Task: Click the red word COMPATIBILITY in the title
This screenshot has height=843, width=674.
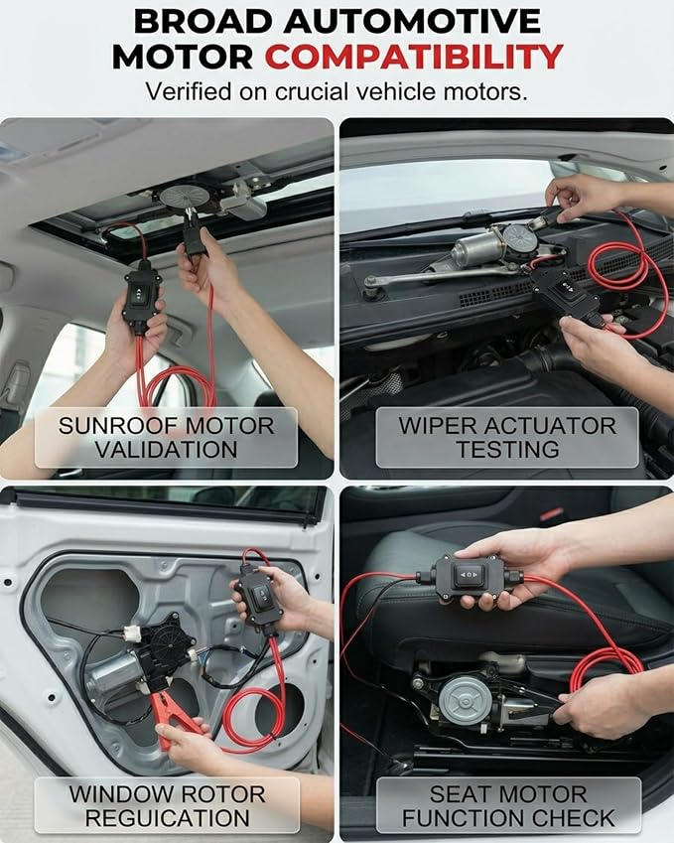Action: pyautogui.click(x=414, y=57)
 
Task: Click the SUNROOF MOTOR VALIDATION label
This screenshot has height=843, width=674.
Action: pyautogui.click(x=166, y=438)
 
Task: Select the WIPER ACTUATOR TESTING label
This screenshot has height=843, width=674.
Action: pyautogui.click(x=507, y=438)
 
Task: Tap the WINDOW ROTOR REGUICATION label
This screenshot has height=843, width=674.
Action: pyautogui.click(x=167, y=805)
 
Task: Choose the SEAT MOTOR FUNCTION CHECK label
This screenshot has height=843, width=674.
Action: pyautogui.click(x=508, y=805)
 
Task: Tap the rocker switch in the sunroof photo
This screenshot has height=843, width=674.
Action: pyautogui.click(x=139, y=294)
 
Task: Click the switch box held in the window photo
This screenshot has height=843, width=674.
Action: pyautogui.click(x=261, y=597)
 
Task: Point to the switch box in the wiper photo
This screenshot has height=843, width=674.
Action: pyautogui.click(x=565, y=293)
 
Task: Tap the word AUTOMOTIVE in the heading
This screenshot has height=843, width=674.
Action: pyautogui.click(x=412, y=22)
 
